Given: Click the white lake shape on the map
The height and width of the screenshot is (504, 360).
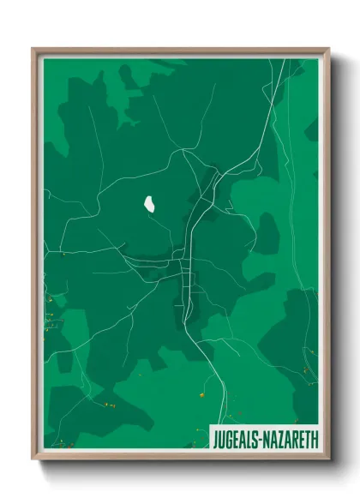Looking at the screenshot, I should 149,206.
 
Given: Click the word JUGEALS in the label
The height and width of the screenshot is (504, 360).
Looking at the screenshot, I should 236,439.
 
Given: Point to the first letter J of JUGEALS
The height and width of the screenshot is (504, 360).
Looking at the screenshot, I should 216,439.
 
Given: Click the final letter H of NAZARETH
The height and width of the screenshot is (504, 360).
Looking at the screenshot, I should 314,439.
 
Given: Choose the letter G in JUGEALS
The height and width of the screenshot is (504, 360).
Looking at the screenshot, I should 229,439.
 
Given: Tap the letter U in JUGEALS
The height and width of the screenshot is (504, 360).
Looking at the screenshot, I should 222,439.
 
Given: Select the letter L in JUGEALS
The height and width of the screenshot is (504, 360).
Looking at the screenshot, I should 249,439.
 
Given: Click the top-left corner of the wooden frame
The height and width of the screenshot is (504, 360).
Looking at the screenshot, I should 33,49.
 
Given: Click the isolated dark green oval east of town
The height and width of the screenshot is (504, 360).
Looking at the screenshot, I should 267,232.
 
